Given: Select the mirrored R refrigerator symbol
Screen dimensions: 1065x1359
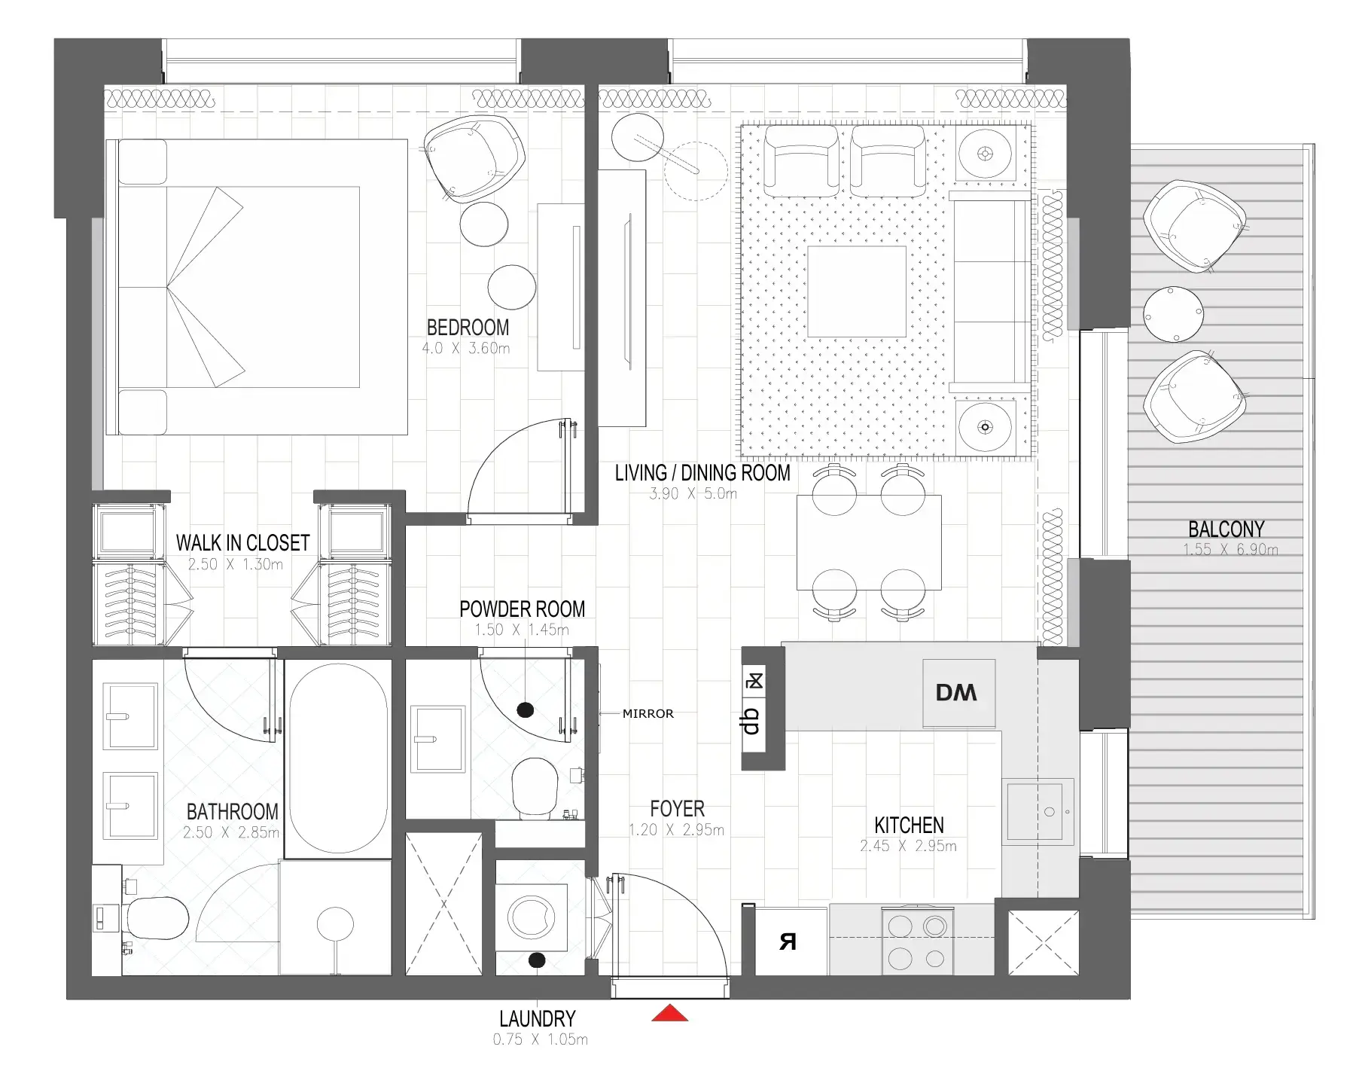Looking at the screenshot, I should [x=788, y=941].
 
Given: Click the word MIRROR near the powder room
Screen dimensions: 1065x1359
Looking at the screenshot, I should [x=648, y=713].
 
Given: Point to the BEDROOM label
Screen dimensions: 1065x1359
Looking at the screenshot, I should [x=468, y=328].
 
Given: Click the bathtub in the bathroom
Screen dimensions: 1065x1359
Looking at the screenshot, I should [x=338, y=758].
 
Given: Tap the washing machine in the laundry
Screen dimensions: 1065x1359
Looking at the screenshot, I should [x=532, y=917].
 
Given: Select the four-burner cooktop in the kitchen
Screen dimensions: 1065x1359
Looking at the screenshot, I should [x=917, y=941].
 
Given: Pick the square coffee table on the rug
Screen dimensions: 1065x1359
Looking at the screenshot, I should [x=856, y=291].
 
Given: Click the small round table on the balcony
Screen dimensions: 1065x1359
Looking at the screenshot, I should [x=1172, y=314].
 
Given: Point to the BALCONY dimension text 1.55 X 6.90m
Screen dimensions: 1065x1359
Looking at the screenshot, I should [x=1229, y=550].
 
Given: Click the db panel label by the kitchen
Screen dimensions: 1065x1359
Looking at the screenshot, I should [x=751, y=721].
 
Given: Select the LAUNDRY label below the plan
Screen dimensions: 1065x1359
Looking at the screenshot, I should [x=537, y=1019].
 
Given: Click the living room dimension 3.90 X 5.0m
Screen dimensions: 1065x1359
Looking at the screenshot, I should [x=693, y=494].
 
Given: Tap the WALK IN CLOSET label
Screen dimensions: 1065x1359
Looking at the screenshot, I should [x=242, y=543].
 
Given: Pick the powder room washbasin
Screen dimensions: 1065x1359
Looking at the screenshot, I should [x=437, y=739].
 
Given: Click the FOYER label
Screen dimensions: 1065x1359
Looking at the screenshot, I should [x=677, y=809].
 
